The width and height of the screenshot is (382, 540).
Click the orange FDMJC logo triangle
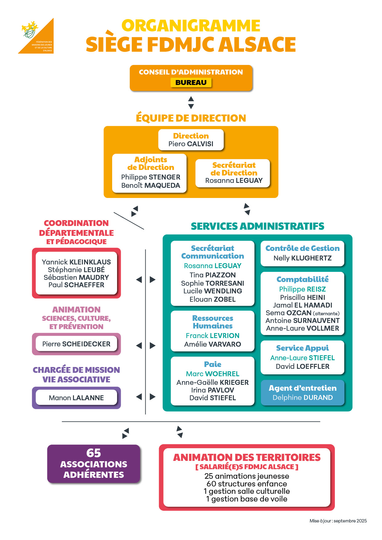click(x=40, y=40)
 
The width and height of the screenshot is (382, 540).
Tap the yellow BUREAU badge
click(x=191, y=83)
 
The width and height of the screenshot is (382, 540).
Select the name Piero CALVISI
click(x=191, y=144)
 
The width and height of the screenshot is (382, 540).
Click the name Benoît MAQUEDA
click(x=151, y=185)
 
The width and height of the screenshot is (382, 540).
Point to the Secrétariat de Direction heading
click(x=234, y=169)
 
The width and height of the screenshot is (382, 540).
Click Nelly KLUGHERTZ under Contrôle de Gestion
click(x=303, y=258)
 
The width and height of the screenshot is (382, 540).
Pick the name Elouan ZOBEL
click(x=213, y=299)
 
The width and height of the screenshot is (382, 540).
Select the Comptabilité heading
click(x=303, y=279)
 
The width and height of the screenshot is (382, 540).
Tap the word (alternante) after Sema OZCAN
click(x=326, y=313)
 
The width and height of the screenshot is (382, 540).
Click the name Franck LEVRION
click(x=213, y=336)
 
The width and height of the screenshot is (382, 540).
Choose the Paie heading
click(x=213, y=364)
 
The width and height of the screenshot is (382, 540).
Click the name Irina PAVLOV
click(x=213, y=390)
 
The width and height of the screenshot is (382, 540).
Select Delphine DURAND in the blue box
click(x=303, y=397)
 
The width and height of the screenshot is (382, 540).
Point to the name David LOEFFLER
click(x=303, y=366)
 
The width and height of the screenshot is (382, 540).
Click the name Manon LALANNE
click(x=76, y=398)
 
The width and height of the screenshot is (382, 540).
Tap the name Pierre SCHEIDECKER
click(x=76, y=344)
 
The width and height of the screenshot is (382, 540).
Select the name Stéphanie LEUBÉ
click(x=76, y=270)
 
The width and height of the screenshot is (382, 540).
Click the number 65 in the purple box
click(x=94, y=453)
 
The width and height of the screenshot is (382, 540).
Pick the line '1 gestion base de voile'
click(x=247, y=499)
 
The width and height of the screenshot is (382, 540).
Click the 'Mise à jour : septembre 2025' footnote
click(x=338, y=521)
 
